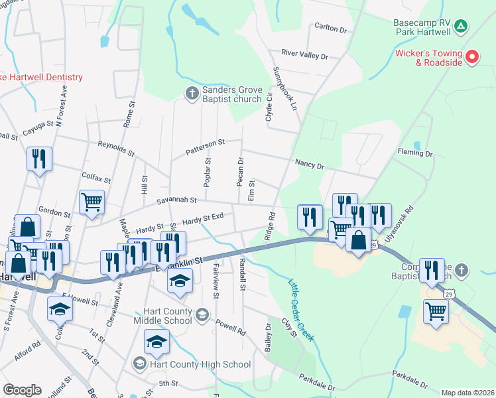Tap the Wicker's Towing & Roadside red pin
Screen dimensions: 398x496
click(472, 57)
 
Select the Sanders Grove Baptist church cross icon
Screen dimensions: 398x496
click(192, 93)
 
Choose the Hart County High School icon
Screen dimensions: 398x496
click(140, 364)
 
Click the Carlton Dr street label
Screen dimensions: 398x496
click(331, 29)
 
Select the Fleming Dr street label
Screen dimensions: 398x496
click(415, 153)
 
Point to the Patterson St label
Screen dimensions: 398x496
click(205, 146)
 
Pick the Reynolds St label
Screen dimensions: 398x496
click(116, 147)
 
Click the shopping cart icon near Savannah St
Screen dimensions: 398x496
click(92, 201)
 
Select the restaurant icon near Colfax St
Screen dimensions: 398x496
click(39, 159)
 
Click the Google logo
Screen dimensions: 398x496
click(22, 389)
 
